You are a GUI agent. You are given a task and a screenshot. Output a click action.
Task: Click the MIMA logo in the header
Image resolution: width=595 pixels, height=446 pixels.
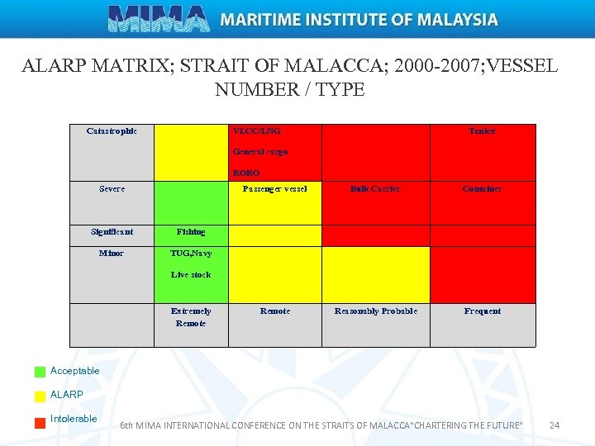pos(159,18)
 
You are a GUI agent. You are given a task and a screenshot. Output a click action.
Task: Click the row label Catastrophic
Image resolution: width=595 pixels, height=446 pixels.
pos(112,131)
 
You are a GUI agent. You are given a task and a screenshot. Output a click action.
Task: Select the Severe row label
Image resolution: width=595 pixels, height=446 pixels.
pos(112,189)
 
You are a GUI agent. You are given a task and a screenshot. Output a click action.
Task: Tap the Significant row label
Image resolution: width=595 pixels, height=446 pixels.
pos(112,232)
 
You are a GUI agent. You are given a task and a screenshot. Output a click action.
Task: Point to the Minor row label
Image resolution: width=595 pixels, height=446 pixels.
pos(112,254)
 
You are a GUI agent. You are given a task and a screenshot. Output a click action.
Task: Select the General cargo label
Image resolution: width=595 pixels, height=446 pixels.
pos(260,152)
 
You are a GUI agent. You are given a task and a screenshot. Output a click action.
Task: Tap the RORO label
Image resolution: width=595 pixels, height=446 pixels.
pos(246,173)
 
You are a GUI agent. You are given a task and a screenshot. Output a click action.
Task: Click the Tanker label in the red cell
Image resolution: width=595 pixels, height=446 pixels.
pos(483,131)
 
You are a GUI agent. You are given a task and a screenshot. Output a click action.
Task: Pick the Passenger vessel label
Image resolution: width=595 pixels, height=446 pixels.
pos(274,189)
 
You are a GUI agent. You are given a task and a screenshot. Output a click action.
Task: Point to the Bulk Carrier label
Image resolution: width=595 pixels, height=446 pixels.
pos(375,189)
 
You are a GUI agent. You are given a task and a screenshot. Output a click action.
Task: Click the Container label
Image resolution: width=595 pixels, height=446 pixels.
pos(483,189)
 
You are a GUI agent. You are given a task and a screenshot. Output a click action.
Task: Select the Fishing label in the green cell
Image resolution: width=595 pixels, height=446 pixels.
pos(191,232)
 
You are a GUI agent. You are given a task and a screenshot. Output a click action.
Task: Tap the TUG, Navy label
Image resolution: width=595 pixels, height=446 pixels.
pos(191,254)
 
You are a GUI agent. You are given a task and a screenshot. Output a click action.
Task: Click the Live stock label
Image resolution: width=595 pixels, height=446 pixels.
pos(191,275)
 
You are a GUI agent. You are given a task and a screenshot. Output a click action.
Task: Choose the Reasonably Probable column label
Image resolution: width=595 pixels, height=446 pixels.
pos(375,311)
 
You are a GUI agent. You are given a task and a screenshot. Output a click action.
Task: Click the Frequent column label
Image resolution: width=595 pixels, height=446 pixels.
pos(483,311)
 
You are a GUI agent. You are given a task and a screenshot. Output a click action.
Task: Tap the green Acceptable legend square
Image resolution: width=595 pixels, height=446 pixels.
pos(40,372)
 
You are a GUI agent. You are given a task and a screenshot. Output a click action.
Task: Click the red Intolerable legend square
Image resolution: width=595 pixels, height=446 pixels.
pos(40,423)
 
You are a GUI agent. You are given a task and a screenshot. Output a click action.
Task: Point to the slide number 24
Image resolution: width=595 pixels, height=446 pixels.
pos(555,425)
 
